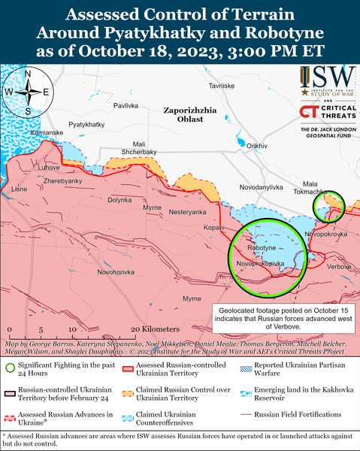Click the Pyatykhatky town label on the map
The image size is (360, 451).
[x=86, y=123]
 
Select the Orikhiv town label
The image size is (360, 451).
[x=257, y=145]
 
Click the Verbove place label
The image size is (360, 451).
[x=340, y=267]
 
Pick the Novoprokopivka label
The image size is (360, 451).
[x=260, y=264]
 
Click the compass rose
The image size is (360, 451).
[x=28, y=92]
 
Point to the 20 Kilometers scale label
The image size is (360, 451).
[x=154, y=329]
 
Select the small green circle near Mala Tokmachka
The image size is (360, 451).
[x=328, y=207]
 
